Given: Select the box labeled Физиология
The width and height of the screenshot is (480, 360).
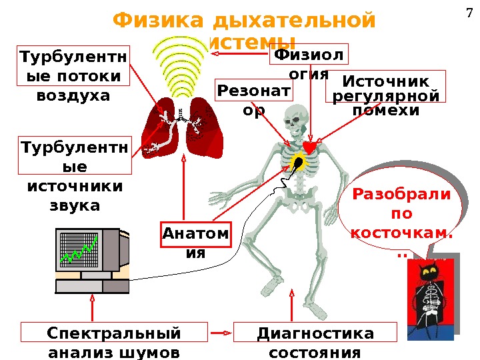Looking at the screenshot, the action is pos(308,63).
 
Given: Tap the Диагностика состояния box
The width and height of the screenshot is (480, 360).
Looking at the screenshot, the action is pos(315,341).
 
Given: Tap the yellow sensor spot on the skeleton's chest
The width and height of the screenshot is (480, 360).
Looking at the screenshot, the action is pos(297,161).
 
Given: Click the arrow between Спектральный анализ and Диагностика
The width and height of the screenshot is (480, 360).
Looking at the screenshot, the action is pos(219,331).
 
